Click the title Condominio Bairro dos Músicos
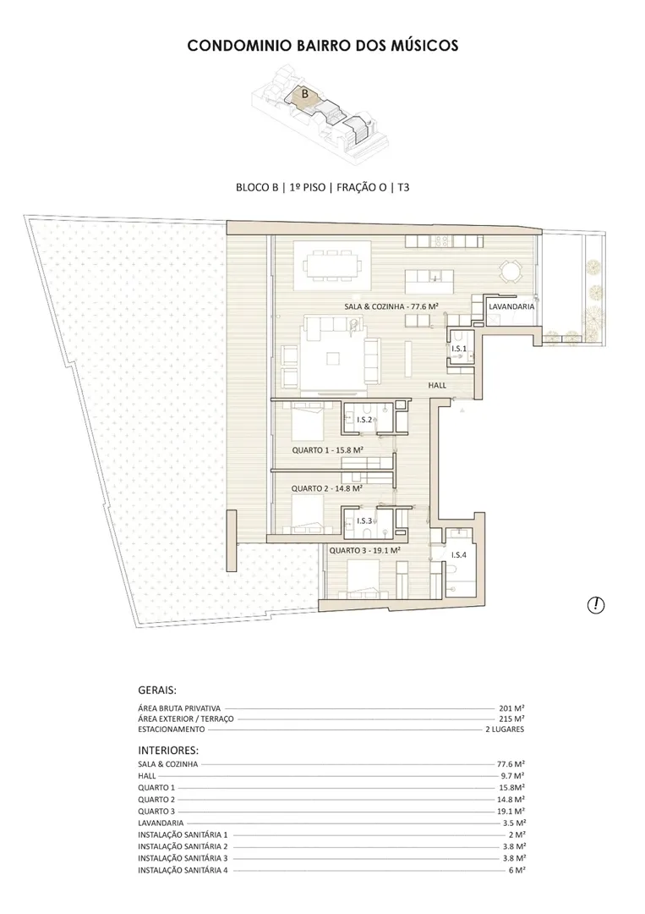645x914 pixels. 323,46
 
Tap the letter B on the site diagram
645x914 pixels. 304,93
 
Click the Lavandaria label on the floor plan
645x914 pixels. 511,306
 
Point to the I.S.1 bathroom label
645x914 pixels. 459,349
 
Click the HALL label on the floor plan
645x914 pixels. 437,385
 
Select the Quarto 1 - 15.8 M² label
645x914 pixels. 328,450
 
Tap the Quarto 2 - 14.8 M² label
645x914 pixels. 327,488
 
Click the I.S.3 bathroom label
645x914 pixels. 364,520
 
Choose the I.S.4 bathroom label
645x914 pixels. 459,555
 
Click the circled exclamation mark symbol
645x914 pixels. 596,605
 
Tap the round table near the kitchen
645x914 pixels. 507,271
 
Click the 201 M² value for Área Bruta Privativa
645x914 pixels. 511,708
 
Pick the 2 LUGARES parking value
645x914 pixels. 505,730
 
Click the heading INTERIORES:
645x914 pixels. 168,751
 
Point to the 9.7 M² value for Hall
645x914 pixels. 512,776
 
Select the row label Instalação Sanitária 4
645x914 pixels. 183,870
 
